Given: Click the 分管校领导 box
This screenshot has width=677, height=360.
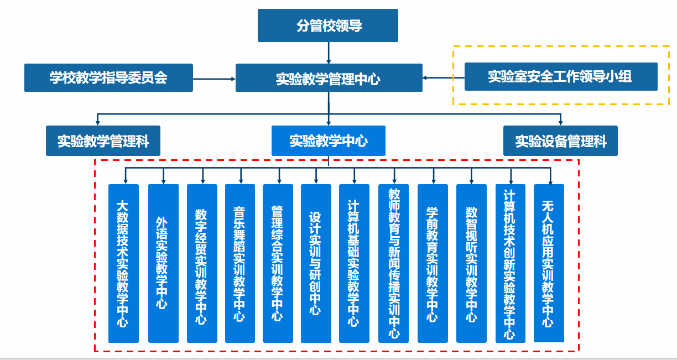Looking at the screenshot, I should pyautogui.click(x=328, y=26).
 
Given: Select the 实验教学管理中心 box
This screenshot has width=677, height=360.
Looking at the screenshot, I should pyautogui.click(x=329, y=78).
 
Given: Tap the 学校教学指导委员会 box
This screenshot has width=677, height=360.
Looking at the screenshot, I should pyautogui.click(x=108, y=77).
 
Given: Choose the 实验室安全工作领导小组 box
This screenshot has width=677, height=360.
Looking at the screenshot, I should pyautogui.click(x=560, y=76).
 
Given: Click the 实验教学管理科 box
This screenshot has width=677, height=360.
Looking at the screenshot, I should pyautogui.click(x=103, y=141).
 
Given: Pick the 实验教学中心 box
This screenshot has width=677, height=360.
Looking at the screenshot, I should pyautogui.click(x=329, y=140).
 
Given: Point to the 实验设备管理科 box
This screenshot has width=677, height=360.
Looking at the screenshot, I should pyautogui.click(x=560, y=141).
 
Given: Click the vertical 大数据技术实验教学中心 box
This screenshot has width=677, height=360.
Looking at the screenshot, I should pyautogui.click(x=123, y=263).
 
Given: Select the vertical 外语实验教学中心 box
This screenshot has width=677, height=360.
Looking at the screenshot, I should pyautogui.click(x=163, y=263).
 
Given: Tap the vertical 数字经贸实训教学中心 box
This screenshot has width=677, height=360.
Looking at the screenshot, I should pyautogui.click(x=202, y=263).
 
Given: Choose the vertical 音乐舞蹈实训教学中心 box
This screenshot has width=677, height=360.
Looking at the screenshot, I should pyautogui.click(x=240, y=263).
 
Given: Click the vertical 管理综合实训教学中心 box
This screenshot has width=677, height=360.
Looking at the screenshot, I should pyautogui.click(x=278, y=263).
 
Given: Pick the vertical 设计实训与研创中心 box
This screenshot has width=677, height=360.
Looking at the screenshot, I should pyautogui.click(x=316, y=263).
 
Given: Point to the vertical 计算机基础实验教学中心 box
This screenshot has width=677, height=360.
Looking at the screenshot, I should pyautogui.click(x=354, y=263).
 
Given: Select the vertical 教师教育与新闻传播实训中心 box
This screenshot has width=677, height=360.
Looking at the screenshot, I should pyautogui.click(x=394, y=263).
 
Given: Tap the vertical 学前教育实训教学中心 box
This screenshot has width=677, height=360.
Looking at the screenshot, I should pyautogui.click(x=433, y=263).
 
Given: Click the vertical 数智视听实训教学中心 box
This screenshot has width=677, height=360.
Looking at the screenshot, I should pyautogui.click(x=471, y=263).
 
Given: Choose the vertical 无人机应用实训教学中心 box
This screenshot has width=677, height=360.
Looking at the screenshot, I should pyautogui.click(x=549, y=263).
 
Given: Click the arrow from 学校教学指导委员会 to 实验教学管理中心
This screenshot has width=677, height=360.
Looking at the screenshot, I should pyautogui.click(x=214, y=78).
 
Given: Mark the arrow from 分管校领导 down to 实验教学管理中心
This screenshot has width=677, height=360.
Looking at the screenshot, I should pyautogui.click(x=329, y=53).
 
